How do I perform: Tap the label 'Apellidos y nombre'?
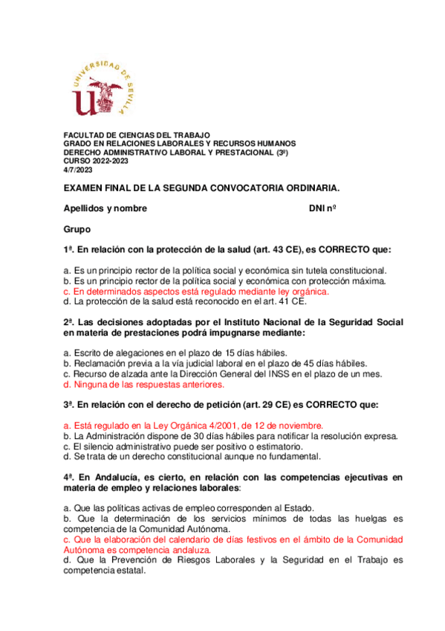(105, 208)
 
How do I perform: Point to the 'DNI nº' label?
(322, 208)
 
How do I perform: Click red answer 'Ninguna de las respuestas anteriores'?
(144, 385)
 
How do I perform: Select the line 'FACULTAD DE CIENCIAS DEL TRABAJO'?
(136, 135)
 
